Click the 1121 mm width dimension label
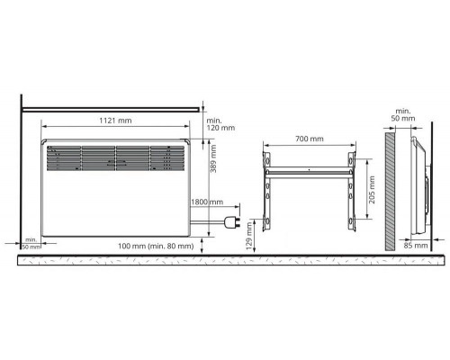click(115, 121)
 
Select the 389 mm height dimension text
click(213, 159)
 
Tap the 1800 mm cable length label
click(207, 202)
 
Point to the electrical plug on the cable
click(232, 222)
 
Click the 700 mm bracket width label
click(310, 139)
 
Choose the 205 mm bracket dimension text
click(372, 190)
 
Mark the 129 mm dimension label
click(248, 236)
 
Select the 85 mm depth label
click(416, 246)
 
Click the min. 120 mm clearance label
click(220, 124)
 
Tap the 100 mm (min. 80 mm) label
click(156, 246)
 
